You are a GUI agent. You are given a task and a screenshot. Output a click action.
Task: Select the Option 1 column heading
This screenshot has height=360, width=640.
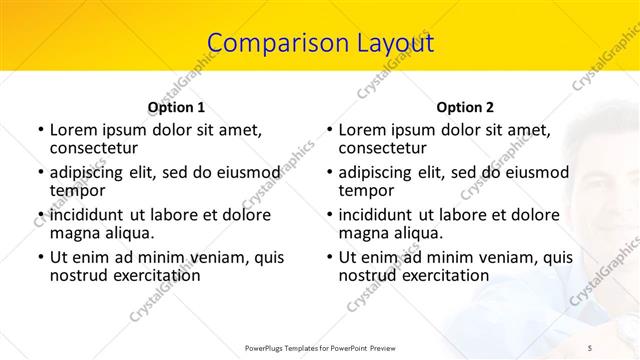coord(176,106)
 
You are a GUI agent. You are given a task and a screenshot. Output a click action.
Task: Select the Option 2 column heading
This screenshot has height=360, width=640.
coord(465,106)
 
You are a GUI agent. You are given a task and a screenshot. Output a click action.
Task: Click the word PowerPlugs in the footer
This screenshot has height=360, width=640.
coord(268,349)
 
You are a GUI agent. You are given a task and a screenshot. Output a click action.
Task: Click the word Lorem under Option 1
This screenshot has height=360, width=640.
coord(74,130)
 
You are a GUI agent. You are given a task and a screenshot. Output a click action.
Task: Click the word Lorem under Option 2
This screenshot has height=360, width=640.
coord(363,130)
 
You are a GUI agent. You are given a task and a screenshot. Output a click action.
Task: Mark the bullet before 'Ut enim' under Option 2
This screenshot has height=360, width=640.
coord(329,257)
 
